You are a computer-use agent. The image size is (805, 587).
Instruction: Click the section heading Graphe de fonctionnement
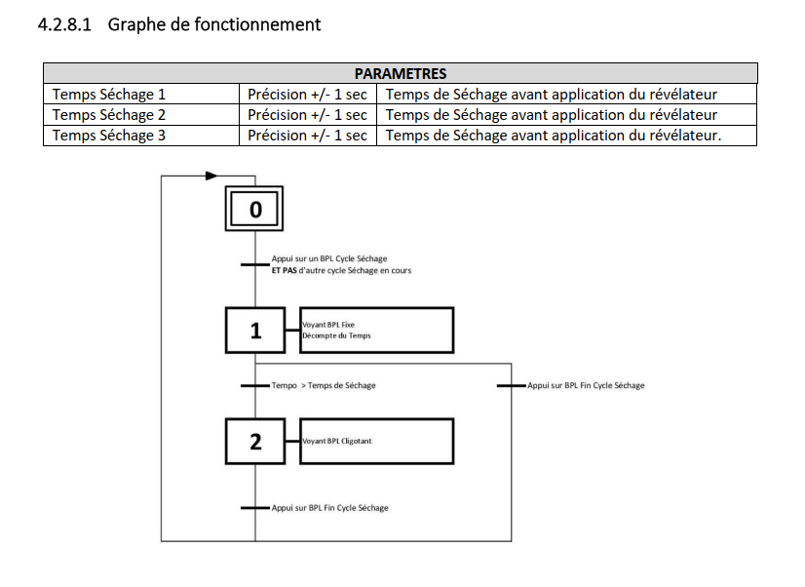pos(214,24)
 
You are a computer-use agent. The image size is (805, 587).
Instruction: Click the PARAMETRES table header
pos(400,73)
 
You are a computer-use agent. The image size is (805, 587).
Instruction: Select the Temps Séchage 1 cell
pos(142,95)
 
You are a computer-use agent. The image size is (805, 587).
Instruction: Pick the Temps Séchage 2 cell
pos(142,115)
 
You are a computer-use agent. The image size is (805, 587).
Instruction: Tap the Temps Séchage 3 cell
pos(142,136)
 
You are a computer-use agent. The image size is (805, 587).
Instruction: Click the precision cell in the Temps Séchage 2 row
pos(307,115)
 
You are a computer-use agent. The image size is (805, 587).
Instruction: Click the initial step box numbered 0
pos(255,210)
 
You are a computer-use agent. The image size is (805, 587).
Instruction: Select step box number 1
pos(255,331)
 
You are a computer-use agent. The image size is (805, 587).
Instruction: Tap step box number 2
pos(255,442)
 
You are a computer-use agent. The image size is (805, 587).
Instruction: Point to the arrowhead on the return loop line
pos(211,176)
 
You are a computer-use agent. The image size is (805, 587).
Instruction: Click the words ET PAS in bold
pos(284,270)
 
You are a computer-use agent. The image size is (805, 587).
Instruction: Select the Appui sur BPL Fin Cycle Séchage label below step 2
pos(329,508)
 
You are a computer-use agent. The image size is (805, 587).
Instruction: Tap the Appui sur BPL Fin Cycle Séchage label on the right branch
pos(586,386)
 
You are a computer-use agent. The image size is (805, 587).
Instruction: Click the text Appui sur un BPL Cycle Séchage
pos(322,258)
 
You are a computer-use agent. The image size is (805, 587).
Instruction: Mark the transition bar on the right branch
pos(511,386)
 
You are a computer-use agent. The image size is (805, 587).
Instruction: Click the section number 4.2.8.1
pos(65,24)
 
